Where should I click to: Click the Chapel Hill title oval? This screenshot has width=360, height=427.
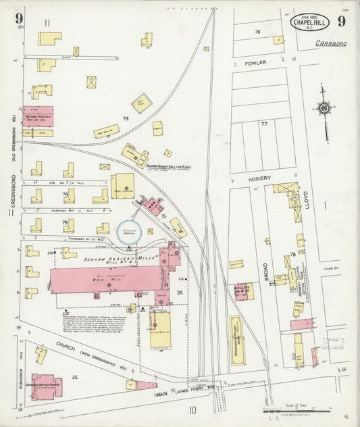click(311, 22)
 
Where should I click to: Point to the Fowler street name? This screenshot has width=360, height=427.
click(255, 63)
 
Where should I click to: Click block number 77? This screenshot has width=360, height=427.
click(264, 124)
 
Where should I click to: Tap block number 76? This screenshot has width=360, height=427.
click(257, 32)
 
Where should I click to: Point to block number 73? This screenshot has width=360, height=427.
click(126, 118)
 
